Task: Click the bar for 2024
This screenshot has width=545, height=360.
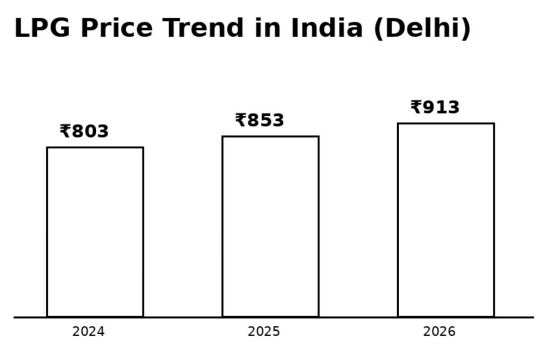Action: (x=95, y=232)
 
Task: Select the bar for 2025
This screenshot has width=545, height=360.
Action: (x=270, y=227)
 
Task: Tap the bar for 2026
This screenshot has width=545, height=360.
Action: (x=446, y=220)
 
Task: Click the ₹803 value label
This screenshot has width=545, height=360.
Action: (x=84, y=131)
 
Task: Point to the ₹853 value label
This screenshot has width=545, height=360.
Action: (x=260, y=120)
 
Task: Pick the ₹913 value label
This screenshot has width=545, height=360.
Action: (x=435, y=107)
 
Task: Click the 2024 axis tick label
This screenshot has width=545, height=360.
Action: (x=88, y=332)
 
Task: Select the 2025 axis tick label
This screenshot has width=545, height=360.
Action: (x=263, y=332)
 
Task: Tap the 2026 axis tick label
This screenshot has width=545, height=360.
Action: (x=439, y=332)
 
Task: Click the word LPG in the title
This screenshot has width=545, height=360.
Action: (x=42, y=28)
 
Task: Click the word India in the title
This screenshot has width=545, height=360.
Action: (x=326, y=28)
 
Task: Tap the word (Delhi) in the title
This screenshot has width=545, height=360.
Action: (x=423, y=29)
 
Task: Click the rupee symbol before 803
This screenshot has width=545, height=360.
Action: (x=65, y=131)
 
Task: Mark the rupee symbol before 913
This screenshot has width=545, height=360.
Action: (x=416, y=107)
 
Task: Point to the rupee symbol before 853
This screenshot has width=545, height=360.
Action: (x=241, y=120)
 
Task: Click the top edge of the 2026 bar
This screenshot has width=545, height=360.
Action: (x=446, y=124)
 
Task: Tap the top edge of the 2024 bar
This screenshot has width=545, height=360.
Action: (x=95, y=147)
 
